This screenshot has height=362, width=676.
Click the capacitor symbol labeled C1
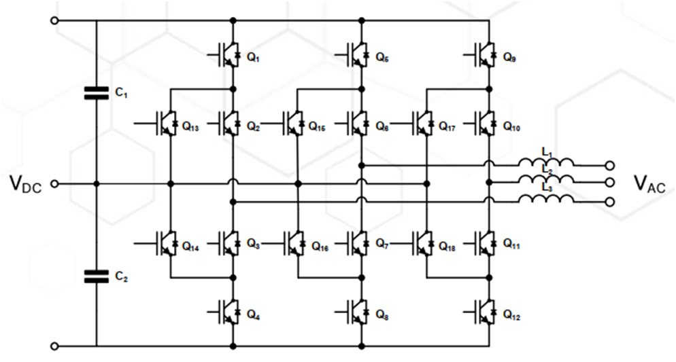click(97, 93)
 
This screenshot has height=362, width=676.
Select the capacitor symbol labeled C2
click(97, 276)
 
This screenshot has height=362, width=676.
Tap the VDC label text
click(26, 183)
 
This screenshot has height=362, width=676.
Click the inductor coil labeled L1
click(546, 164)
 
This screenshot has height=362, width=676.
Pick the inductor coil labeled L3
click(546, 200)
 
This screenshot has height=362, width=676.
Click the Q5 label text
click(382, 58)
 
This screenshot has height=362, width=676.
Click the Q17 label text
click(447, 126)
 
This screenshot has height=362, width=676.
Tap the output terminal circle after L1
click(610, 165)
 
